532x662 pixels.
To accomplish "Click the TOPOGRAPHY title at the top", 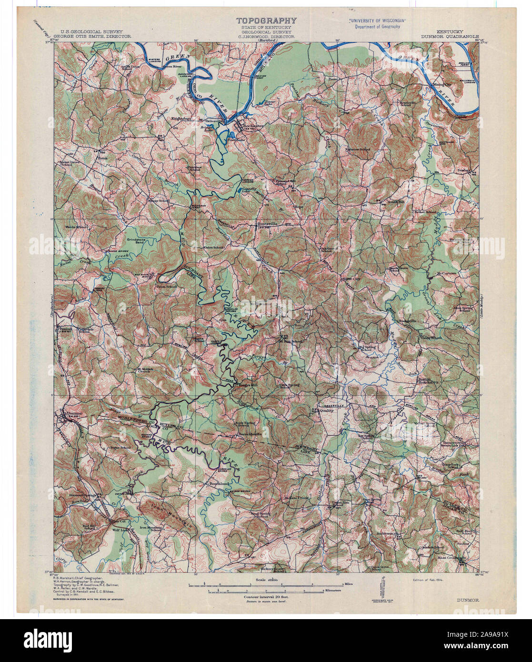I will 267,20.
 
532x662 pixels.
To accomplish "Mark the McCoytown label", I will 446,274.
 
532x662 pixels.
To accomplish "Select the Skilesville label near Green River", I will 210,121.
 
